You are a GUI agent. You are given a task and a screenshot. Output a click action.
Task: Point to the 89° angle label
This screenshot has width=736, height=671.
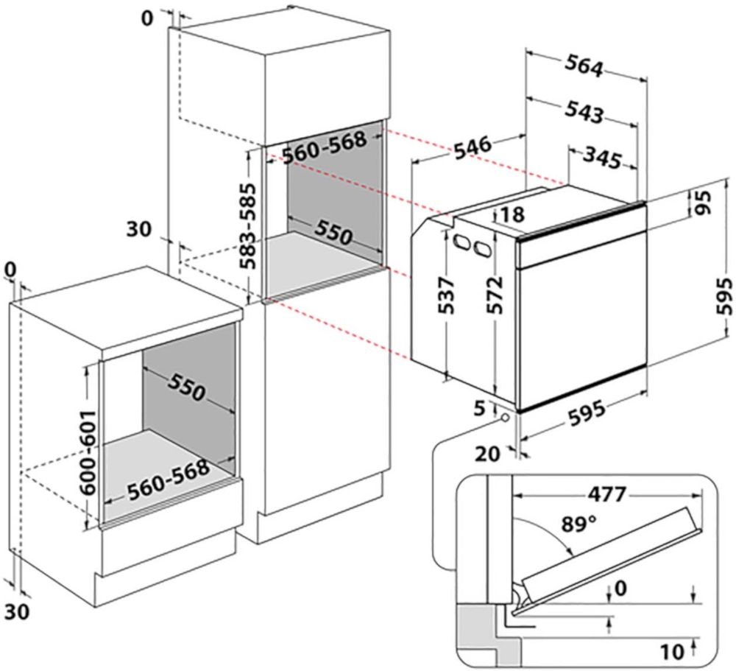(578, 524)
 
